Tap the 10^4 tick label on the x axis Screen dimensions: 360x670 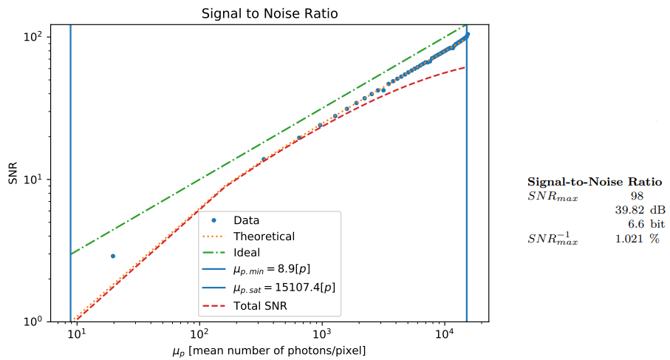point(444,335)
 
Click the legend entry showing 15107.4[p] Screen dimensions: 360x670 point(284,288)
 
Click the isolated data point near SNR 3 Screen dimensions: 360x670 point(113,256)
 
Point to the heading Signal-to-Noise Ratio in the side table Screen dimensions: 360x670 point(594,182)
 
